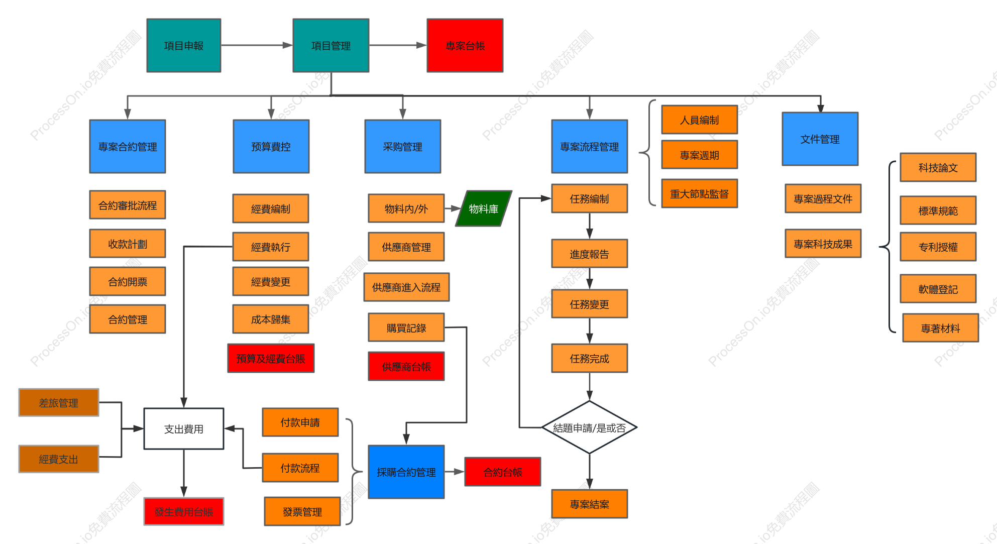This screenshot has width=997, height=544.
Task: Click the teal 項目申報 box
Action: pos(184,46)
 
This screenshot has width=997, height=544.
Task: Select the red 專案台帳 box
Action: pos(465,46)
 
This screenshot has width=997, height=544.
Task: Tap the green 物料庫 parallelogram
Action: pos(484,208)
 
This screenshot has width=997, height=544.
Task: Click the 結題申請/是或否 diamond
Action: pos(589,427)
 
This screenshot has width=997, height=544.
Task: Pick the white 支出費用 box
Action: pos(184,428)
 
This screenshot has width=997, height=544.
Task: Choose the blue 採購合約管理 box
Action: pos(406,472)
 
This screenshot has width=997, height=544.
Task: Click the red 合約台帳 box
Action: pos(503,472)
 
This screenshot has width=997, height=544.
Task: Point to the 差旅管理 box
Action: pos(59,402)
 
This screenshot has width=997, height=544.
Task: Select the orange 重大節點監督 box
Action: pos(700,193)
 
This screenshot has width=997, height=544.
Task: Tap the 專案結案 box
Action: pos(590,504)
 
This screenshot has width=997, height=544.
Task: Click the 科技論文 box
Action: pos(938,167)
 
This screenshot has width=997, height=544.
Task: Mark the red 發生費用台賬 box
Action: pos(184,511)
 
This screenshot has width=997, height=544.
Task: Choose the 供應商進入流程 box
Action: pos(406,287)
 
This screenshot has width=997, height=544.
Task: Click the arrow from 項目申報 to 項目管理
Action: pos(257,45)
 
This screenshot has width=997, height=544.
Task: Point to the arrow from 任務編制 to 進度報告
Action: pos(590,226)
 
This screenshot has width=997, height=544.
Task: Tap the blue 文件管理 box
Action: pos(820,139)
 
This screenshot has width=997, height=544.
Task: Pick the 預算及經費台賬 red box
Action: pos(271,358)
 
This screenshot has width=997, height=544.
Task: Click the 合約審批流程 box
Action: pos(128,205)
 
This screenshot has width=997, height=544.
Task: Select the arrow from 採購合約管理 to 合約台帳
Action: pos(455,472)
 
